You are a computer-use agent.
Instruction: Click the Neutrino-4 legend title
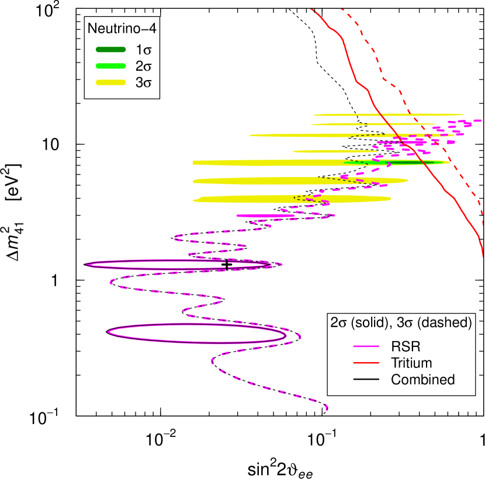pyautogui.click(x=122, y=28)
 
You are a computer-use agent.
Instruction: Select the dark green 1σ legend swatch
pyautogui.click(x=110, y=48)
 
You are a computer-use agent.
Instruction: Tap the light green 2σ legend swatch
pyautogui.click(x=110, y=65)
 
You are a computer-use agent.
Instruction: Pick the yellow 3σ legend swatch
pyautogui.click(x=110, y=82)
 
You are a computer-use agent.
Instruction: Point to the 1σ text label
pyautogui.click(x=143, y=48)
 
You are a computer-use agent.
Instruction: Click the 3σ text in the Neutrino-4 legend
pyautogui.click(x=143, y=82)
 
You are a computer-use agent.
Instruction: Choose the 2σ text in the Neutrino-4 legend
pyautogui.click(x=143, y=65)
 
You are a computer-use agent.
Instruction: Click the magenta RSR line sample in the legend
pyautogui.click(x=367, y=347)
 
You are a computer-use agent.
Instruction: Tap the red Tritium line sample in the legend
pyautogui.click(x=367, y=363)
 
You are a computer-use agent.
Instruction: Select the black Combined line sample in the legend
pyautogui.click(x=367, y=380)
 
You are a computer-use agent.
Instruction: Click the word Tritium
pyautogui.click(x=411, y=363)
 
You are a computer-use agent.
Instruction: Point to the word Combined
pyautogui.click(x=422, y=380)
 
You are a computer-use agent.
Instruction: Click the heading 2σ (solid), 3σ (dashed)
pyautogui.click(x=401, y=323)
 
